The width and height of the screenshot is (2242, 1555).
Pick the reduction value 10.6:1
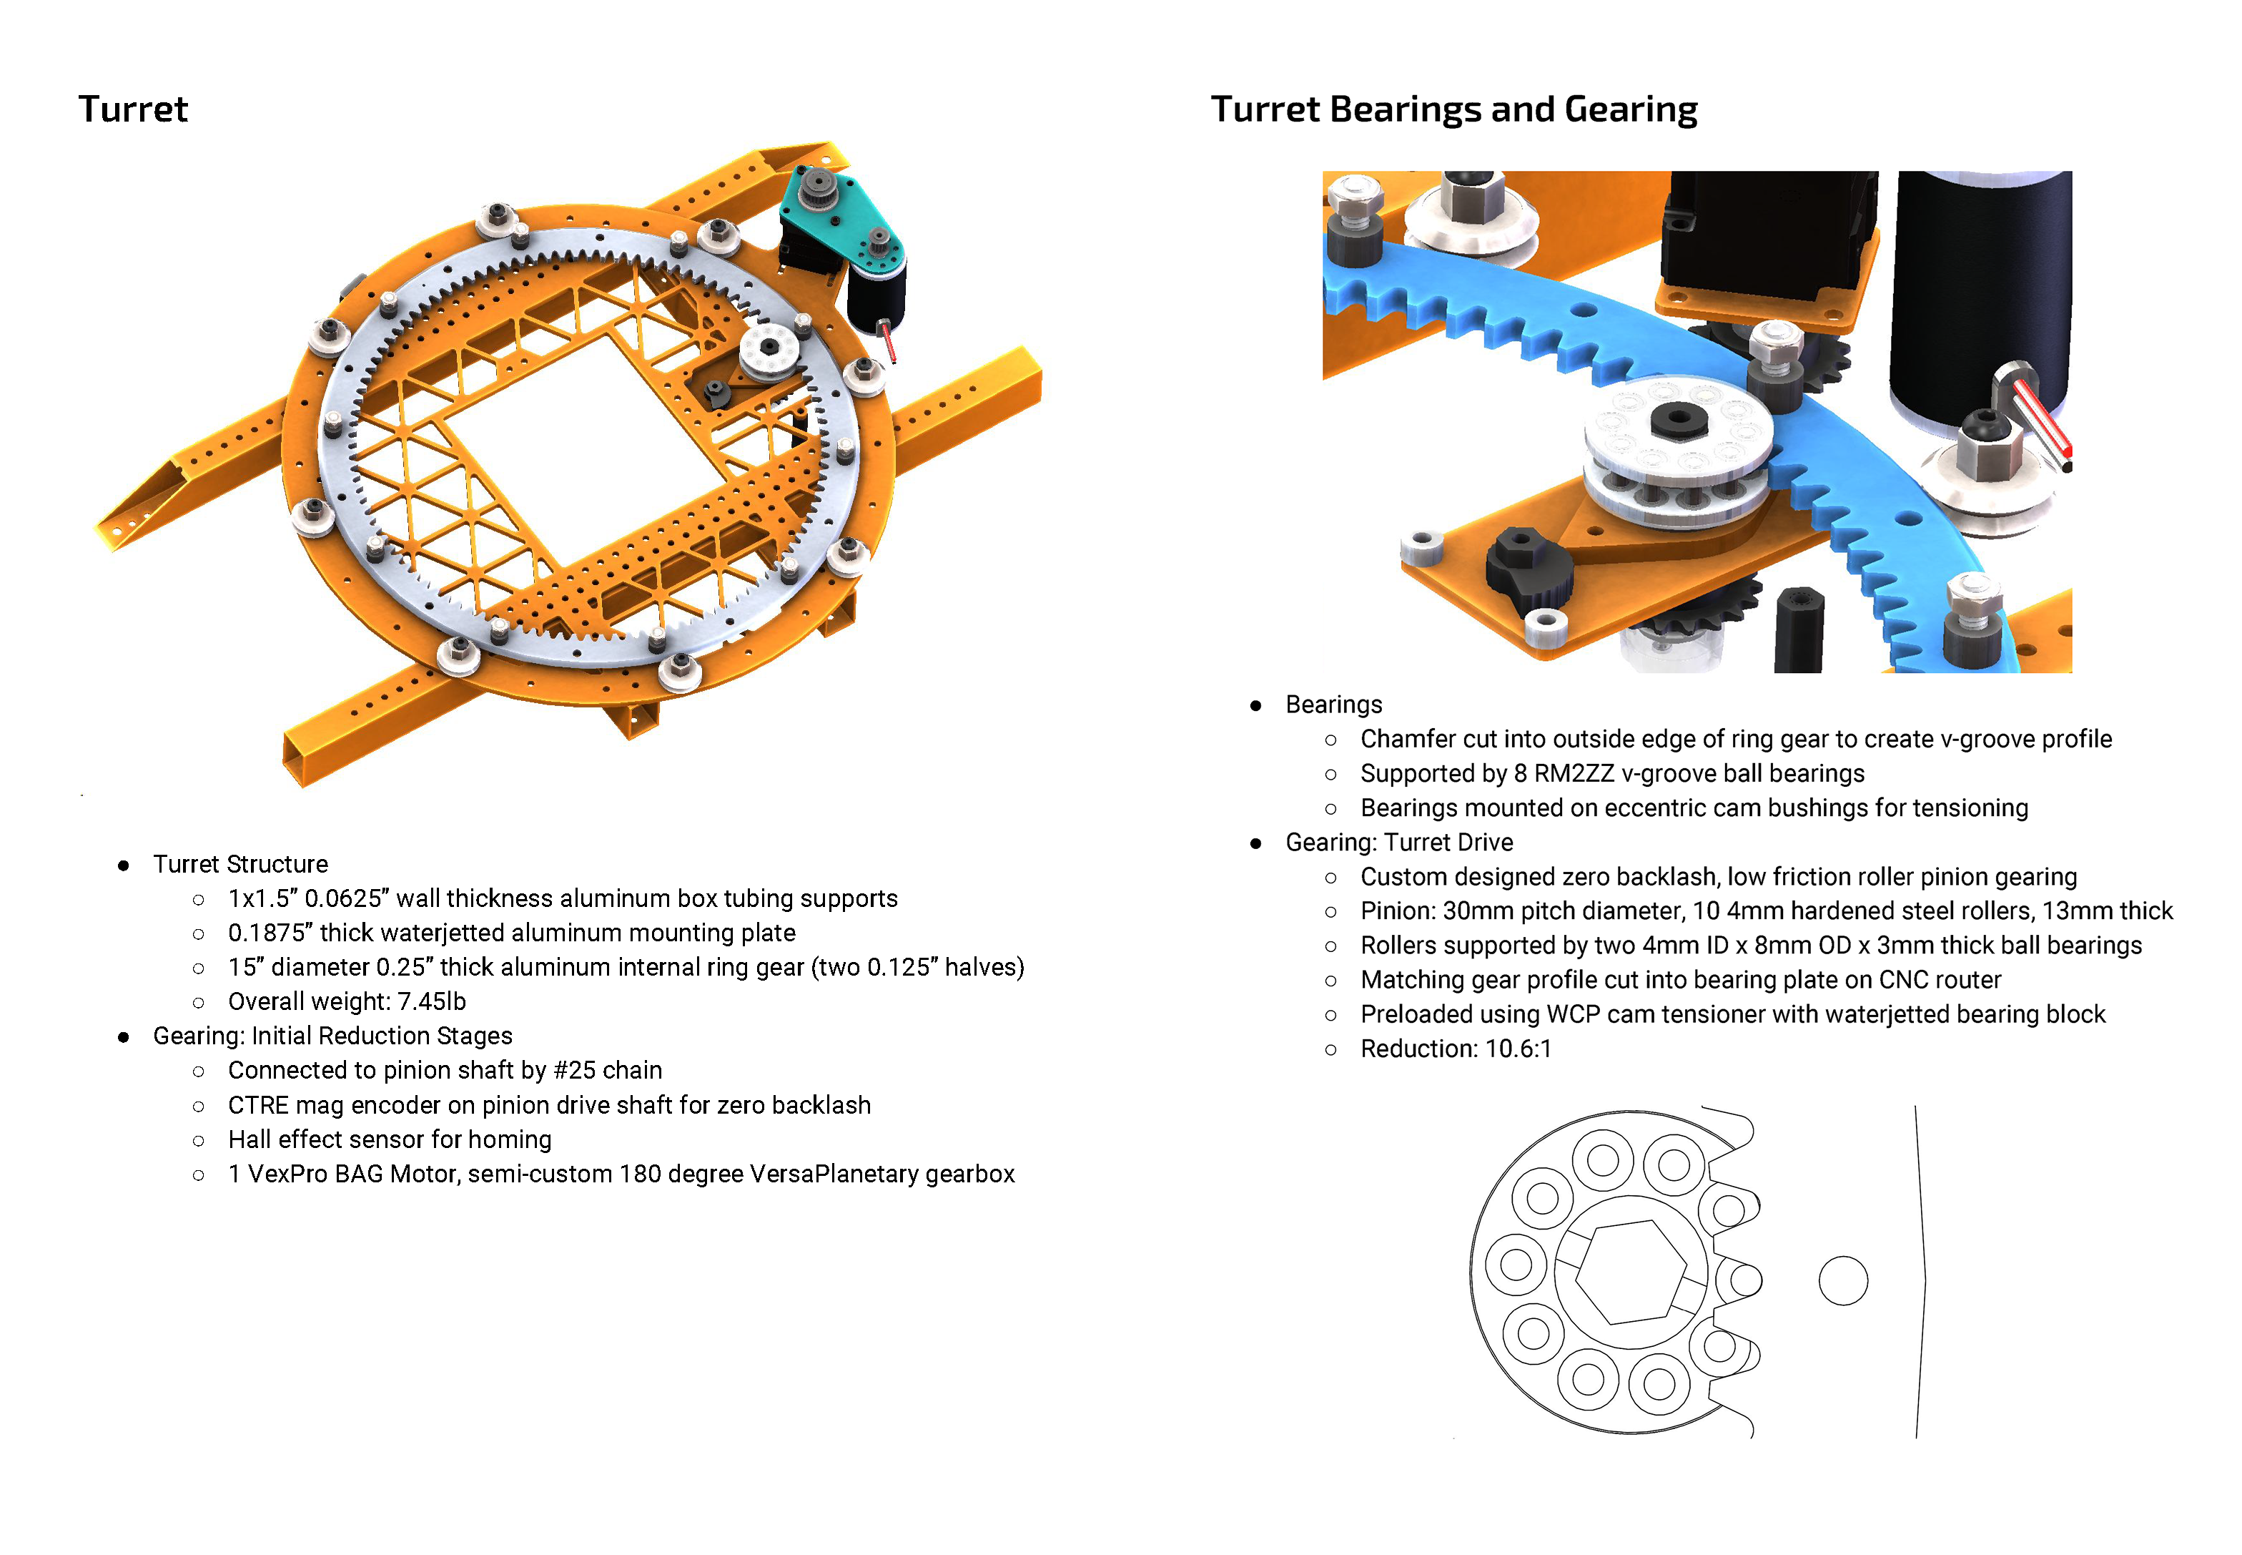(x=1518, y=1049)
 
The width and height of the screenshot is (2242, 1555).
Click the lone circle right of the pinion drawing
(x=1842, y=1280)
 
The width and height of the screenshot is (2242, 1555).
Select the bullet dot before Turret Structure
(x=124, y=865)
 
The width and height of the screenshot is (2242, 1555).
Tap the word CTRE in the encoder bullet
(x=258, y=1105)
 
